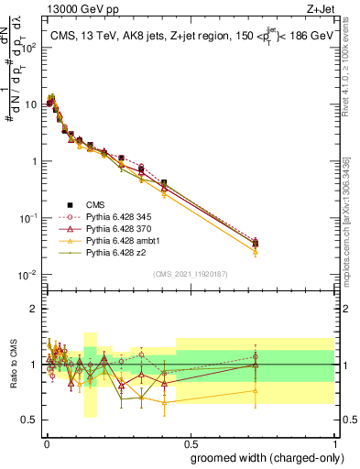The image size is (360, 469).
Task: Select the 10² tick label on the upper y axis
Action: (x=30, y=47)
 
